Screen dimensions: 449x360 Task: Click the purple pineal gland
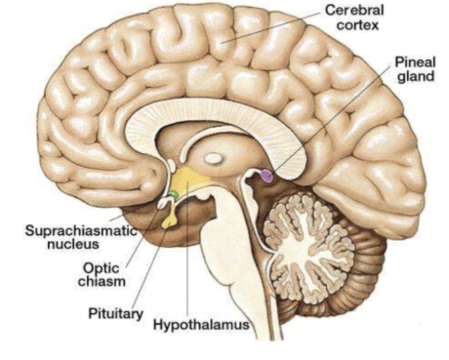[x=267, y=176]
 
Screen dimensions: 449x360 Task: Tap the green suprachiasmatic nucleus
[x=173, y=195]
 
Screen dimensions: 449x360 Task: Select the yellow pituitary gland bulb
[x=169, y=222]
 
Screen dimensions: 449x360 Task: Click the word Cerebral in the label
[x=354, y=10]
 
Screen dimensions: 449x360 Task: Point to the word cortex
[x=357, y=25]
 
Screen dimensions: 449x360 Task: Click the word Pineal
[x=415, y=61]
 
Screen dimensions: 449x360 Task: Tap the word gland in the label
[x=416, y=76]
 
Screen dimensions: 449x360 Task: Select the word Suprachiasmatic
[x=81, y=230]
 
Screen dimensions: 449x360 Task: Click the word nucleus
[x=73, y=244]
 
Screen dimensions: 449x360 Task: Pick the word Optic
[x=102, y=268]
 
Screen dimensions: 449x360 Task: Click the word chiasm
[x=102, y=281]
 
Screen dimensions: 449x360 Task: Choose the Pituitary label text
[x=116, y=314]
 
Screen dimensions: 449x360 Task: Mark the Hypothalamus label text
[x=201, y=325]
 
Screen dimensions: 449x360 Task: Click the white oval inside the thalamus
[x=213, y=159]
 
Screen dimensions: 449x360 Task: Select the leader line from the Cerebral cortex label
[x=270, y=27]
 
